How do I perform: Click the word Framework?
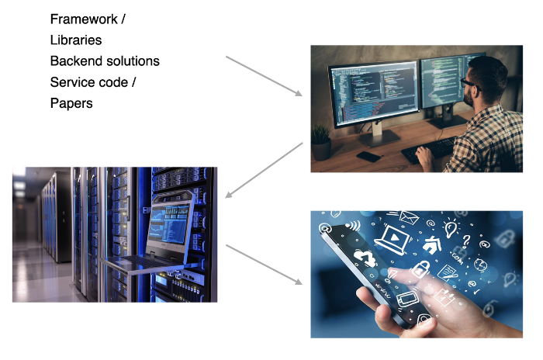click(x=84, y=19)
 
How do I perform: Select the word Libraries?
click(x=76, y=40)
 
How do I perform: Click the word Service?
click(x=71, y=82)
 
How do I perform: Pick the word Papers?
click(x=71, y=104)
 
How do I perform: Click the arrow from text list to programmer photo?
click(x=264, y=76)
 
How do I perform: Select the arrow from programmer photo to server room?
click(x=264, y=170)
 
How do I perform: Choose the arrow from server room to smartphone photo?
click(x=264, y=265)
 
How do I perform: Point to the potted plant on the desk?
click(x=320, y=142)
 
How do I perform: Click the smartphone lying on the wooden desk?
click(x=368, y=156)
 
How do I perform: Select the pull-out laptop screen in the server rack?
click(x=169, y=224)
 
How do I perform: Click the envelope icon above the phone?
click(x=409, y=217)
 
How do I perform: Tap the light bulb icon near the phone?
click(x=451, y=228)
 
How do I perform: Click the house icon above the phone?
click(x=431, y=244)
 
